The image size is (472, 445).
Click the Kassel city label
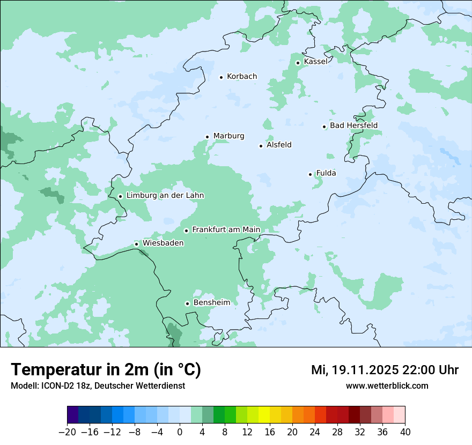(x=315, y=62)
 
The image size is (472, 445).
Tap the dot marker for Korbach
(x=221, y=77)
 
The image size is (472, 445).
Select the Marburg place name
(x=228, y=136)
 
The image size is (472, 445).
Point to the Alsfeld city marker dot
(x=261, y=146)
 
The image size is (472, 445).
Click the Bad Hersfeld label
(x=353, y=125)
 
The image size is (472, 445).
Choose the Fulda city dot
(x=310, y=174)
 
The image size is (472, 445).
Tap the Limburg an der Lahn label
(x=165, y=196)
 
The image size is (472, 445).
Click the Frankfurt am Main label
(x=226, y=229)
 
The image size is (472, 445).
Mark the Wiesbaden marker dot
(x=137, y=244)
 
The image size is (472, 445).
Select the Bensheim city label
(x=211, y=302)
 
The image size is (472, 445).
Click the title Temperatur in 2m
(x=106, y=369)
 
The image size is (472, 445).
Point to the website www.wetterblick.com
(x=387, y=385)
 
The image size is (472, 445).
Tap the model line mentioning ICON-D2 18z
(x=98, y=385)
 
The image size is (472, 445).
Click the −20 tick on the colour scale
(x=67, y=432)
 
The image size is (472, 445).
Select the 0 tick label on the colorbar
(x=180, y=432)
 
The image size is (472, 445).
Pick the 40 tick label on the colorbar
(x=405, y=432)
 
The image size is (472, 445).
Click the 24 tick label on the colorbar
(x=315, y=432)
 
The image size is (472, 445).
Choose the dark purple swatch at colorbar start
(x=73, y=415)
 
